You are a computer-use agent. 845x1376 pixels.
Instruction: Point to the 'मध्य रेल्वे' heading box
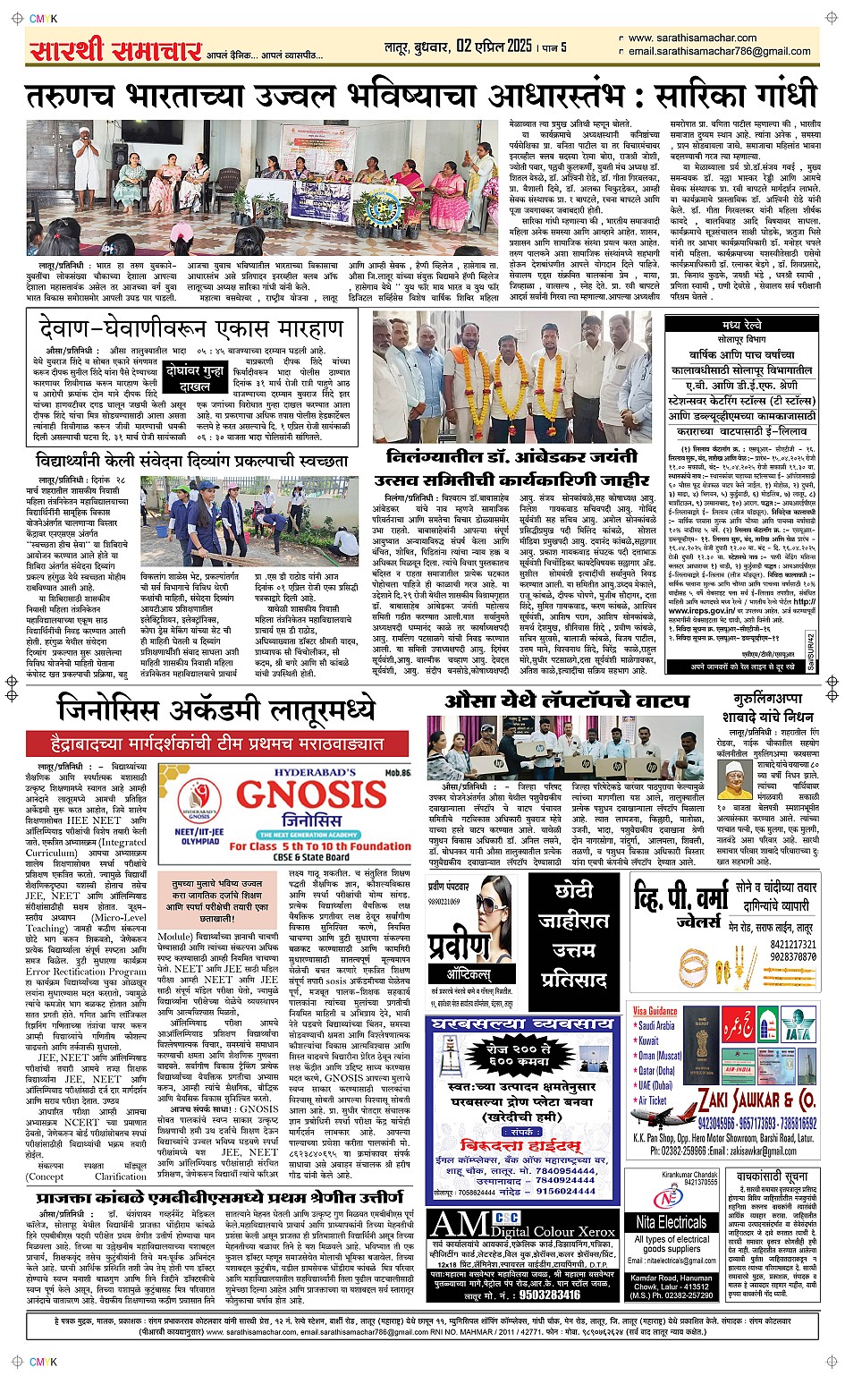743,325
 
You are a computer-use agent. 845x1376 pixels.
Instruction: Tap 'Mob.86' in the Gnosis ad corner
397,773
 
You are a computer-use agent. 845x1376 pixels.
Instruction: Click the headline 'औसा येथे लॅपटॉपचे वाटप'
568,701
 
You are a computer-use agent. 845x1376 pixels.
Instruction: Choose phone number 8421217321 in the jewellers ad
792,944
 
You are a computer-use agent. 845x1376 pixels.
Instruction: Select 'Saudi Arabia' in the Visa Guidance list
657,1026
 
